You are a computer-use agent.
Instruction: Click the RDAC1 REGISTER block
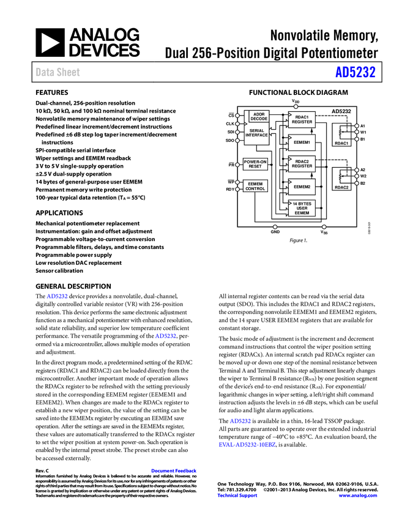(x=302, y=119)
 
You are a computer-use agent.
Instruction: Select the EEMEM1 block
(x=302, y=143)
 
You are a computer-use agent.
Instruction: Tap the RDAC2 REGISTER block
(x=302, y=164)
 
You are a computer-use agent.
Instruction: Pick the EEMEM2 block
(x=302, y=187)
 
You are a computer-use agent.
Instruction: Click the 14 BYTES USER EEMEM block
(x=302, y=208)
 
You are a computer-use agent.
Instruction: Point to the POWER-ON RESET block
(x=255, y=164)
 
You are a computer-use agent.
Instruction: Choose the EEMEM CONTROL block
(x=255, y=186)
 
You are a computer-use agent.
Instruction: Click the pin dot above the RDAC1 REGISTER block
(x=296, y=106)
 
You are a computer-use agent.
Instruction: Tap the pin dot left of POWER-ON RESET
(x=237, y=165)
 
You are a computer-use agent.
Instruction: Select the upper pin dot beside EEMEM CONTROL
(x=237, y=182)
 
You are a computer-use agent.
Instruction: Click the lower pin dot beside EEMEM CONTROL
(x=237, y=189)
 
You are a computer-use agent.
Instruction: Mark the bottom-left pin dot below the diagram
(x=275, y=227)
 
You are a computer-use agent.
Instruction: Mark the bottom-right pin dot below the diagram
(x=324, y=227)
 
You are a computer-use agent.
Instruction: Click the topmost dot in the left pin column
(x=237, y=116)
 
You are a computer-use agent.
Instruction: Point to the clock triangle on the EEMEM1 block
(x=290, y=138)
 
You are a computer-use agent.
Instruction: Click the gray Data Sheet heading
(x=58, y=72)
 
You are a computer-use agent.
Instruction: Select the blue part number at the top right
(x=355, y=72)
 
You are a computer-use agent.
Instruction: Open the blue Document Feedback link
(x=174, y=471)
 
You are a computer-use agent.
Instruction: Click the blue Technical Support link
(x=237, y=496)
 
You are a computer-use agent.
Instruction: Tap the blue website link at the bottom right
(x=358, y=496)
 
